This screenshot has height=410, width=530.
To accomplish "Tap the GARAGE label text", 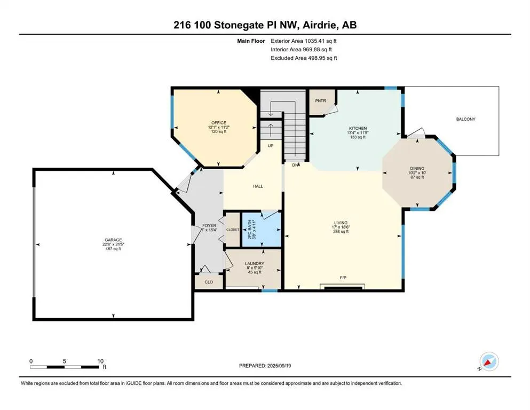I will click(113, 240).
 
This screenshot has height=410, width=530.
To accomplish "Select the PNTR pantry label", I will click(321, 100).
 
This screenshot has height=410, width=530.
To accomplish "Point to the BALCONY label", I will click(465, 119).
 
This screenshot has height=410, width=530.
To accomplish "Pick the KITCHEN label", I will click(357, 129).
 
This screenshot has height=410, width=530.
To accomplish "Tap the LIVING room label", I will click(341, 223).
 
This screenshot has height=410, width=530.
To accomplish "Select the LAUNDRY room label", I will click(254, 263).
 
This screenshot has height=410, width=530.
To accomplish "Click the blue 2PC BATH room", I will click(262, 230).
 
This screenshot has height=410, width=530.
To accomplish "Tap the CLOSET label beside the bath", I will click(233, 230).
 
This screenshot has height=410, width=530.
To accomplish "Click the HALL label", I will click(258, 186).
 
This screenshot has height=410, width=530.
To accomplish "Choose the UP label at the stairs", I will click(271, 145).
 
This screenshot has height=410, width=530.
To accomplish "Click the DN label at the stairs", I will click(295, 165).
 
